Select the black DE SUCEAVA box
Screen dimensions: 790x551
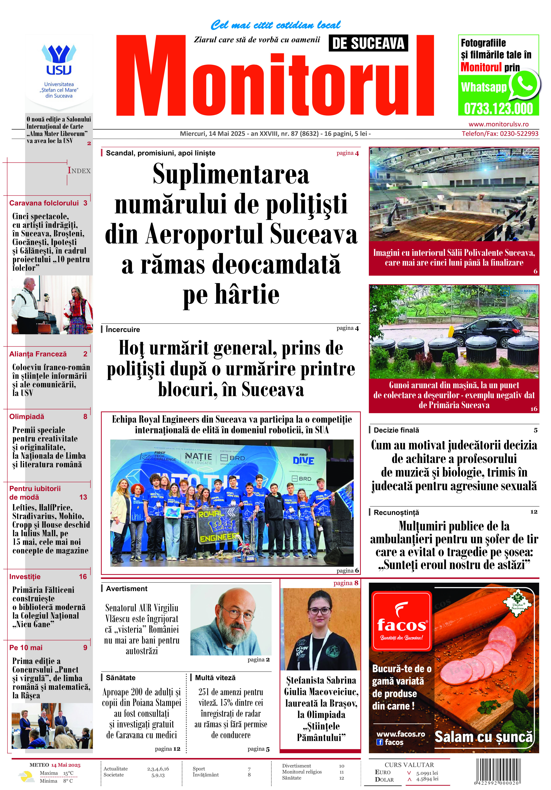tap(368, 43)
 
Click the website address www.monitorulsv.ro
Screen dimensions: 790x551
tap(498, 124)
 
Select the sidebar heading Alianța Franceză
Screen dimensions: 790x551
tap(38, 354)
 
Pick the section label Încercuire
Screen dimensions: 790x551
tap(123, 329)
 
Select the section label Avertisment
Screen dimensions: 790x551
tap(126, 589)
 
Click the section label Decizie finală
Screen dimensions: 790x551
tap(396, 430)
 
